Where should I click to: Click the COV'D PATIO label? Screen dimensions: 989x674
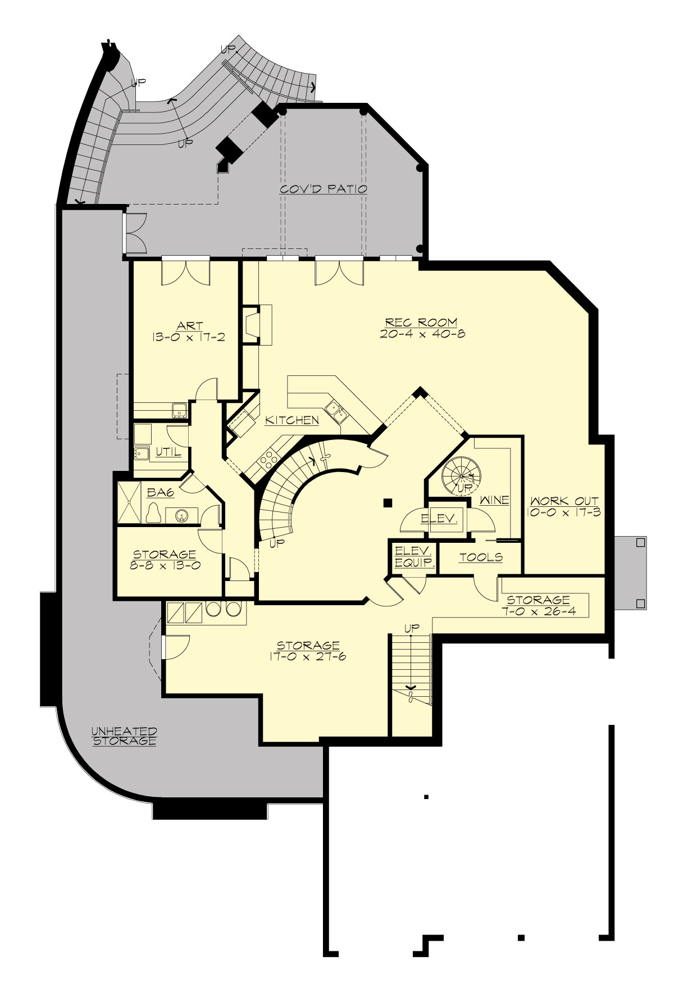tap(324, 189)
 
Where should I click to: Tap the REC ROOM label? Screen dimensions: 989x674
tap(421, 323)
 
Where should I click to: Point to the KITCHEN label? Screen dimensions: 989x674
tap(292, 420)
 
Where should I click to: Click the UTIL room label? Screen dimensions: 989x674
tap(168, 452)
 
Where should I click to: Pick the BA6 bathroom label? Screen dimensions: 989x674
tap(161, 493)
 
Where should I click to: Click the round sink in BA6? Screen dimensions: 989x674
tap(181, 515)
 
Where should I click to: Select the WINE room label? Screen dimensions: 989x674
tap(494, 500)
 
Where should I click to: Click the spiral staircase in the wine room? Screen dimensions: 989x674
tap(461, 475)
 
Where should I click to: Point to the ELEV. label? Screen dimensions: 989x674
tap(439, 518)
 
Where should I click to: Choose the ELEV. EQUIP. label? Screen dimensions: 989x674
tap(413, 556)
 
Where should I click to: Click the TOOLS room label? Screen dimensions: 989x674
tap(481, 557)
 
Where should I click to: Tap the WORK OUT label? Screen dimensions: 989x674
tap(563, 501)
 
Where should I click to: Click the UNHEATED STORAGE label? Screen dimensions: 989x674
tap(124, 736)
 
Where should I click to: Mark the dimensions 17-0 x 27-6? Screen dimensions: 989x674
tap(308, 656)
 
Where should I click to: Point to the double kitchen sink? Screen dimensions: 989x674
tap(335, 412)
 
